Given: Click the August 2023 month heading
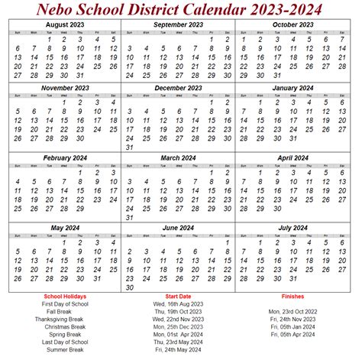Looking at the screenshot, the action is pos(64,24).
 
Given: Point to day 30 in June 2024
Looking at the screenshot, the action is pos(130,287).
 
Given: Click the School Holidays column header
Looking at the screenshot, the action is pos(65,296).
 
